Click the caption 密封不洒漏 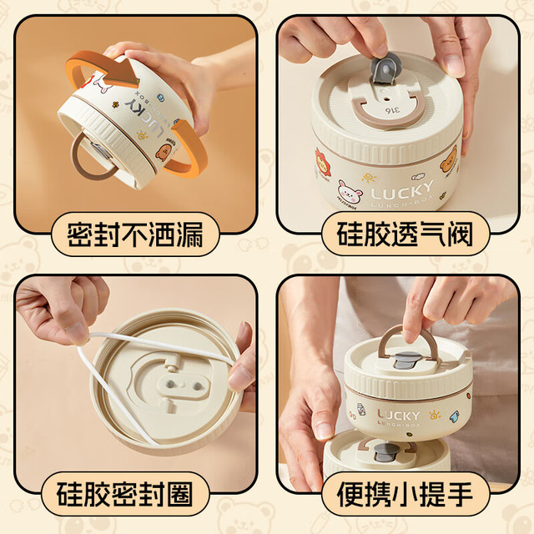135,234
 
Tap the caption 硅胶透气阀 405,234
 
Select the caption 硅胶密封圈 124,494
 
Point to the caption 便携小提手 405,494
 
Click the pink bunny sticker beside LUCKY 349,192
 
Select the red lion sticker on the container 323,162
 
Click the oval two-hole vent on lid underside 184,385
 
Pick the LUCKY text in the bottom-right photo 398,416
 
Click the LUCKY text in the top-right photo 402,191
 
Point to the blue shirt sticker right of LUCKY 454,416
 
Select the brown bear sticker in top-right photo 449,159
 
